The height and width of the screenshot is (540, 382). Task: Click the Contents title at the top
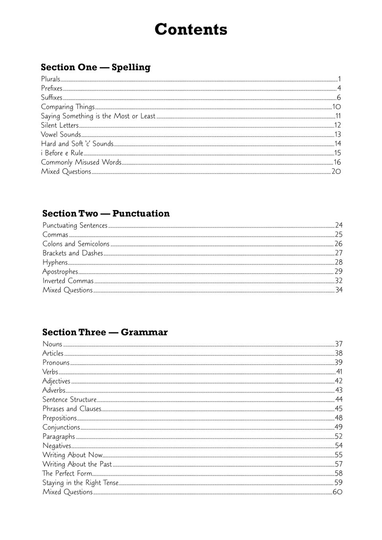191,29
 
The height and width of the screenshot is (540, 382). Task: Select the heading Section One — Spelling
95,67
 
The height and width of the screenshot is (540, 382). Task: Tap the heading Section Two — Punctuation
106,214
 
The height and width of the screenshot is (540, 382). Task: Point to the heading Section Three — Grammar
105,332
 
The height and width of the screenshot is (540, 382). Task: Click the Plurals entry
50,79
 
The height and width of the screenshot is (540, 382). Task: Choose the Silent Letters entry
60,125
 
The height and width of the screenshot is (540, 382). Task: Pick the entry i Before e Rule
62,153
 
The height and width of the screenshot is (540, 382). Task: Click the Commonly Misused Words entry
81,162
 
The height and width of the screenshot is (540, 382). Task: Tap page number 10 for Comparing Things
337,107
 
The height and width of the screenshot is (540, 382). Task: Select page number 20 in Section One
336,172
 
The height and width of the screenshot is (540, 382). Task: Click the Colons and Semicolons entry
76,244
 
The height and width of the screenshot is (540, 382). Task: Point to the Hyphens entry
55,262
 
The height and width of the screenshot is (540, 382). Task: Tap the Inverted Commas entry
68,281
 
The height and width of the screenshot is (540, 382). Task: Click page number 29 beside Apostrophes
338,272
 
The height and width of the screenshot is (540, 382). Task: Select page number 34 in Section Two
339,290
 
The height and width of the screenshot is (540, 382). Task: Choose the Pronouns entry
56,363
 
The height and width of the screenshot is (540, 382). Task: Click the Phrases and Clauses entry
72,409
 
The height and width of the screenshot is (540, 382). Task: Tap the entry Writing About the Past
77,464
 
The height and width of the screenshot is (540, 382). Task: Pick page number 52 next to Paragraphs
338,436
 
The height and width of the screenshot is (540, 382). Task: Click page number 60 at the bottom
337,492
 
